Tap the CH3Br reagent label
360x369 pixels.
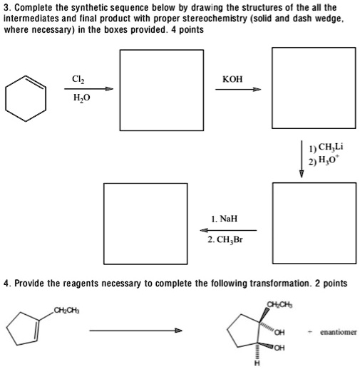pos(225,240)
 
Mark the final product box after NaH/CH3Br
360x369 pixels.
pos(135,214)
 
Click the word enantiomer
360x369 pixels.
pos(338,332)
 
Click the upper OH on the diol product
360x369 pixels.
pos(279,331)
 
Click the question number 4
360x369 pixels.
pos(7,283)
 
